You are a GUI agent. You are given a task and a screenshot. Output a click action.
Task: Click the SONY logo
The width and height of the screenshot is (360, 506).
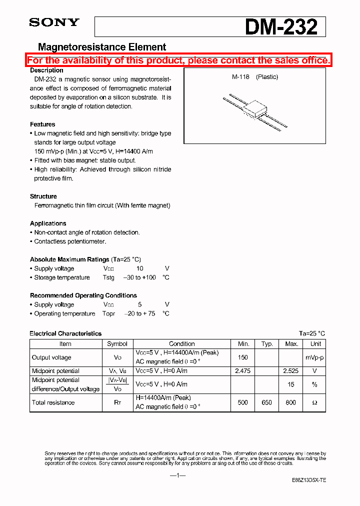54,22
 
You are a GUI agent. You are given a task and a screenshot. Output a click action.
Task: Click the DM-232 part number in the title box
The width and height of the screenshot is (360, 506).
281,26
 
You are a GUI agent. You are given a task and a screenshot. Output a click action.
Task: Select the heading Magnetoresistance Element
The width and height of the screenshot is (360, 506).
102,47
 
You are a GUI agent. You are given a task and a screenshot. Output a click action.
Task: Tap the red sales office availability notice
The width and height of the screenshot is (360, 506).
178,60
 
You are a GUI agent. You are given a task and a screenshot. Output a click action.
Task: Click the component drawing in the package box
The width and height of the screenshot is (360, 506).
254,110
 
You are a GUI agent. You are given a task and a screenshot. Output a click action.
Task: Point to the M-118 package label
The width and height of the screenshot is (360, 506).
240,77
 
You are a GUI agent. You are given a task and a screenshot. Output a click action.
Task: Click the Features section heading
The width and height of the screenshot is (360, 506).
42,124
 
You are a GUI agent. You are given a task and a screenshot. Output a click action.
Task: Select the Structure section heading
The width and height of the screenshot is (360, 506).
43,196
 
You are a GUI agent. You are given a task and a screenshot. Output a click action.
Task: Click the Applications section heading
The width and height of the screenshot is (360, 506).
48,223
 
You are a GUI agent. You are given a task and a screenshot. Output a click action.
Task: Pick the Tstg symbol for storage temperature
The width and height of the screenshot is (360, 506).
108,277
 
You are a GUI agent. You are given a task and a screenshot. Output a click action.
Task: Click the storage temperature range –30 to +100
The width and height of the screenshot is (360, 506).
139,277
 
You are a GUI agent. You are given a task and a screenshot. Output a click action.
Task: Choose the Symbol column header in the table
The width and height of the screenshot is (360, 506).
117,344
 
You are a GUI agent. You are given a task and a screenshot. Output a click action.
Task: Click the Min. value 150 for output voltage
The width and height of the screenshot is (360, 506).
243,357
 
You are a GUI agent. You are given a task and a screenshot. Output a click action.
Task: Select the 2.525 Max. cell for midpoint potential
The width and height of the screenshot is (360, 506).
291,371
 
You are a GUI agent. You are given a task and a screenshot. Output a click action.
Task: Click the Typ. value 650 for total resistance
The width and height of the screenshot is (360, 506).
267,402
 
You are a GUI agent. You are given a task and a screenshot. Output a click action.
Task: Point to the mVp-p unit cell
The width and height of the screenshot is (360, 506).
315,357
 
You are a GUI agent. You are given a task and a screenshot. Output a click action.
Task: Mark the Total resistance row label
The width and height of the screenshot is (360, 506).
53,402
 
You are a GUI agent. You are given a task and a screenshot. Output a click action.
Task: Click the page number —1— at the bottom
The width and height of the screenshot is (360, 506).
177,475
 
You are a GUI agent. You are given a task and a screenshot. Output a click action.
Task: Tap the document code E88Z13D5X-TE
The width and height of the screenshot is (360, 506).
308,480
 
